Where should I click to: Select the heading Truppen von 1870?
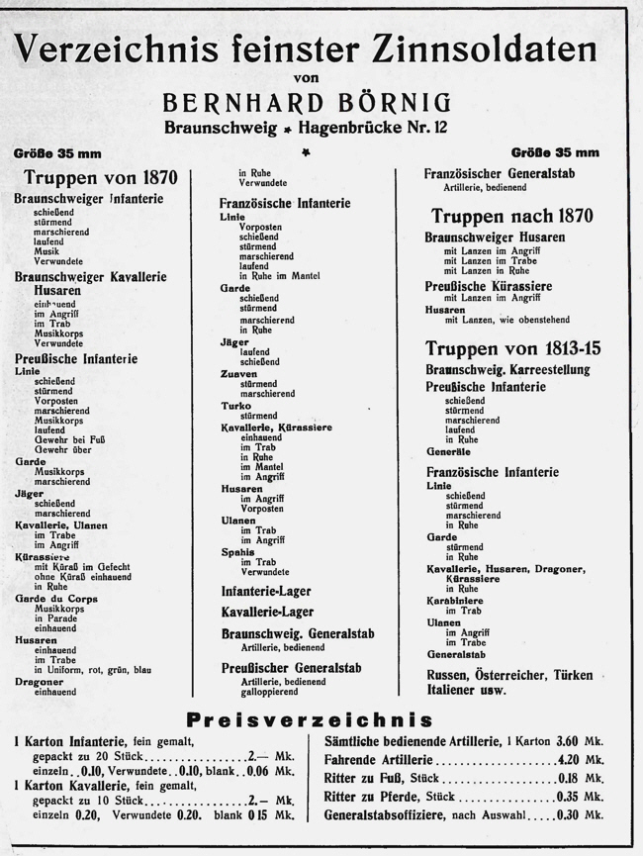[101, 178]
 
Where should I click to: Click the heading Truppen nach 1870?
[511, 215]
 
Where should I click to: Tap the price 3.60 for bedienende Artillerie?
[567, 740]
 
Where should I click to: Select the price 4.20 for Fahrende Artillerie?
[567, 759]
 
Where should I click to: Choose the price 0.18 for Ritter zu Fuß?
[567, 778]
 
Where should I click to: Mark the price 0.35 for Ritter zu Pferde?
[567, 796]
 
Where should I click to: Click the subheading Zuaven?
[237, 374]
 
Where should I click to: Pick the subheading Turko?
[235, 405]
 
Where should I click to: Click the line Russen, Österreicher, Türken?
[509, 675]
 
